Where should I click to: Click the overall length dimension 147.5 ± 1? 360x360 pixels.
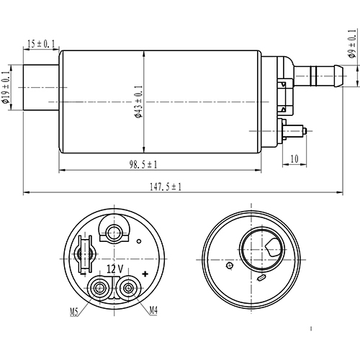coord(165,186)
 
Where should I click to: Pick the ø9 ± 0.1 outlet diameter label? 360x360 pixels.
coord(351,43)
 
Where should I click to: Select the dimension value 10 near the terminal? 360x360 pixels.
coord(294,158)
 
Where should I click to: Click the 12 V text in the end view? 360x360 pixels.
coord(114,269)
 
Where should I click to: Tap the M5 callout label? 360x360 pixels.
coord(74,312)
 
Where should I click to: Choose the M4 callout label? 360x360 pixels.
coord(153,311)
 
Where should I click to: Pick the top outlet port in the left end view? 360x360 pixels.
coord(113,232)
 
